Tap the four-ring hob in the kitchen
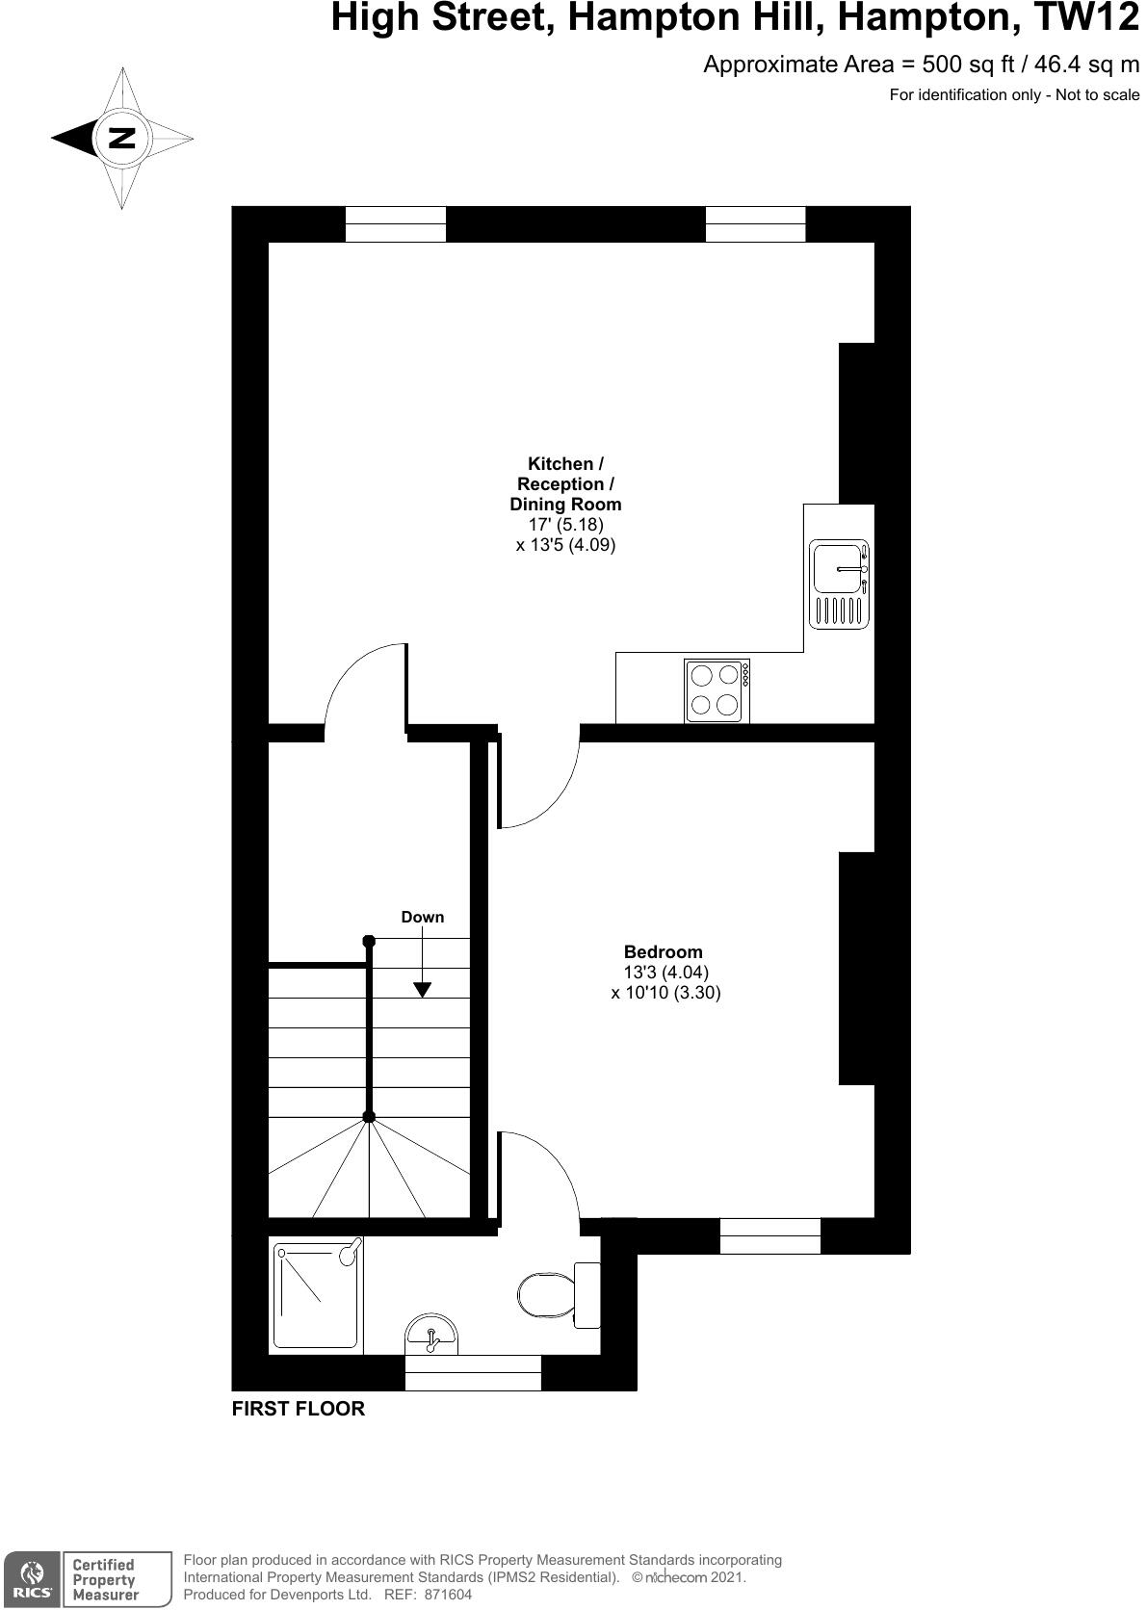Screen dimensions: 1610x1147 715,689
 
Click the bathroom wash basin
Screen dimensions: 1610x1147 431,1334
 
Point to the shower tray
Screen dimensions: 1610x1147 317,1294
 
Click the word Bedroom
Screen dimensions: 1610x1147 663,952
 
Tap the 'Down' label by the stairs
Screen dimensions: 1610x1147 423,917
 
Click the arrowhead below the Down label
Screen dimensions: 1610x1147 422,989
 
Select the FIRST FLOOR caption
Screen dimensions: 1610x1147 299,1409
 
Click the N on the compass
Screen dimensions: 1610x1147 121,138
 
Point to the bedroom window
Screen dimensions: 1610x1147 769,1235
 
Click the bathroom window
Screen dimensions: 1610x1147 472,1372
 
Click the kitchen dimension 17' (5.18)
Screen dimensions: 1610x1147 565,525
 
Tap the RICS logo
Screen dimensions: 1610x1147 31,1579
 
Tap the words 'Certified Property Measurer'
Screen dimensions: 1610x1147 105,1579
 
